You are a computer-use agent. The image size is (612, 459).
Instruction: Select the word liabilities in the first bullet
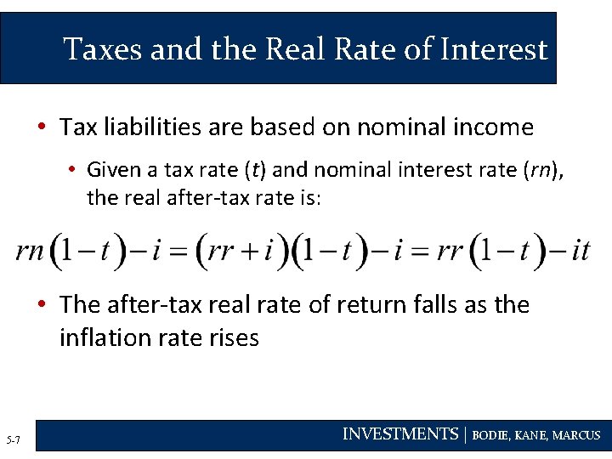coord(143,127)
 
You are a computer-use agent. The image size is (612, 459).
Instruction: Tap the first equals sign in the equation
coord(177,252)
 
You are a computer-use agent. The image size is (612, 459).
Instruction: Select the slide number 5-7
coord(13,439)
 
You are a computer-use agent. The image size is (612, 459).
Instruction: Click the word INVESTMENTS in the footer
coord(399,434)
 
